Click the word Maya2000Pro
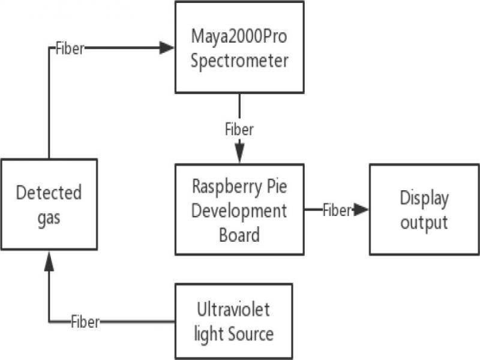coord(239,37)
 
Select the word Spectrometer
coord(239,61)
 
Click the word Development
coord(239,211)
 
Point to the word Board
coord(239,234)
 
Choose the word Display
coord(424,198)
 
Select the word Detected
coord(49,193)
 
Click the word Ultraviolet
coord(233,310)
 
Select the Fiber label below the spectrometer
coord(239,129)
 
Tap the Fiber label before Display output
coord(337,210)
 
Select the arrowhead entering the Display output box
coord(361,209)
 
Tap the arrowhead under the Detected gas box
coord(49,259)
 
